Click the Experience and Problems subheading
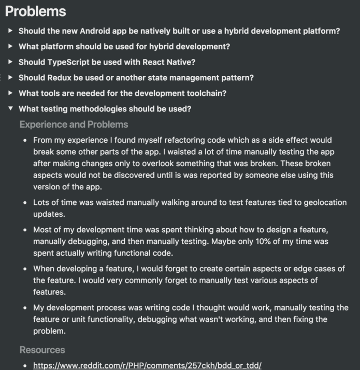coord(74,125)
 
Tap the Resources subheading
coord(42,350)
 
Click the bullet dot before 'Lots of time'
coord(25,203)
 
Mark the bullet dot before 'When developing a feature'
coord(25,269)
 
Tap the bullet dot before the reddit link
coord(25,366)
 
